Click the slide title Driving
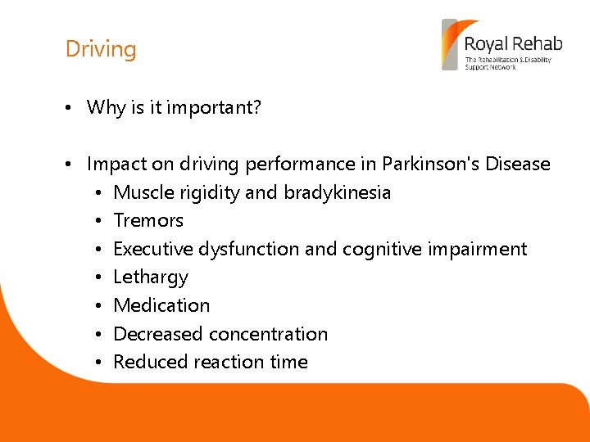[x=101, y=49]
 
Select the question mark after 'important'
[x=256, y=107]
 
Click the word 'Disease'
[x=517, y=164]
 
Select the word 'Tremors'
[x=148, y=220]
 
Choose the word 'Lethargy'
[x=151, y=277]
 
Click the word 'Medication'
[x=161, y=305]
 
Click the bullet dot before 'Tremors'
[x=98, y=221]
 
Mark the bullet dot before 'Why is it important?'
[x=71, y=108]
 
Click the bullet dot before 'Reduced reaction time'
[x=98, y=363]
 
